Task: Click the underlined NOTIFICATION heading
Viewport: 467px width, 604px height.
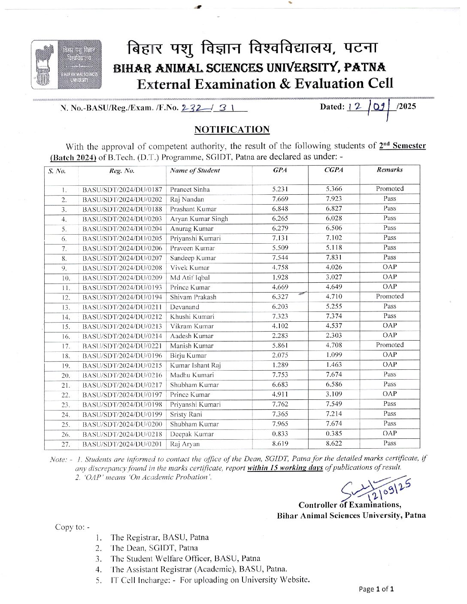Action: tap(232, 130)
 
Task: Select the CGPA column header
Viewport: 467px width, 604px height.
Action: tap(334, 170)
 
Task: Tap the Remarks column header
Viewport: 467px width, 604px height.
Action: tap(389, 169)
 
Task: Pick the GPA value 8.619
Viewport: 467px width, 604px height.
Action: tap(280, 444)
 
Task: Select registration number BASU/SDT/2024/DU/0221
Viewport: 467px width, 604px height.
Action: tap(122, 346)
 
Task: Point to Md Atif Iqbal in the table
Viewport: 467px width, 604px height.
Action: tap(190, 278)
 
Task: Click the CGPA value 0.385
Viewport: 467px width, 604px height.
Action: tap(334, 434)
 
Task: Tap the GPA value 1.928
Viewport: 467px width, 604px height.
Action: tap(280, 277)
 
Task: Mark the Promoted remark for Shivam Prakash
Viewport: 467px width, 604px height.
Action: tap(389, 296)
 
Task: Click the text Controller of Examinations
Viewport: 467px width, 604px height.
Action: tap(350, 505)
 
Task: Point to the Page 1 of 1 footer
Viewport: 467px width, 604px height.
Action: tap(376, 589)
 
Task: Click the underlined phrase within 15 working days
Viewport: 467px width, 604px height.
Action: tap(285, 468)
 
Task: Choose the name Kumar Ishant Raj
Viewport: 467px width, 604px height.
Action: tap(195, 365)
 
